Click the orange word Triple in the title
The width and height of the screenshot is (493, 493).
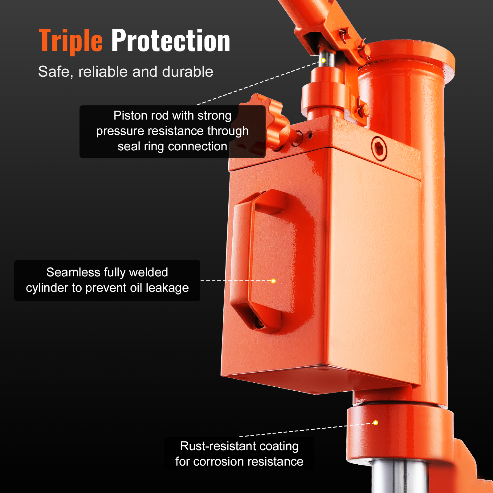pyautogui.click(x=71, y=41)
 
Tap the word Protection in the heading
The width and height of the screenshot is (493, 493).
pyautogui.click(x=170, y=41)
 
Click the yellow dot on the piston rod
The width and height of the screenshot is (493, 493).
pyautogui.click(x=323, y=60)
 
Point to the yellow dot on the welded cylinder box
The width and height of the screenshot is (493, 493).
pyautogui.click(x=273, y=281)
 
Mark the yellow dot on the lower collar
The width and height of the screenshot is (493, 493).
pyautogui.click(x=375, y=422)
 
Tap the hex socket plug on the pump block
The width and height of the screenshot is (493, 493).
pyautogui.click(x=379, y=149)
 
